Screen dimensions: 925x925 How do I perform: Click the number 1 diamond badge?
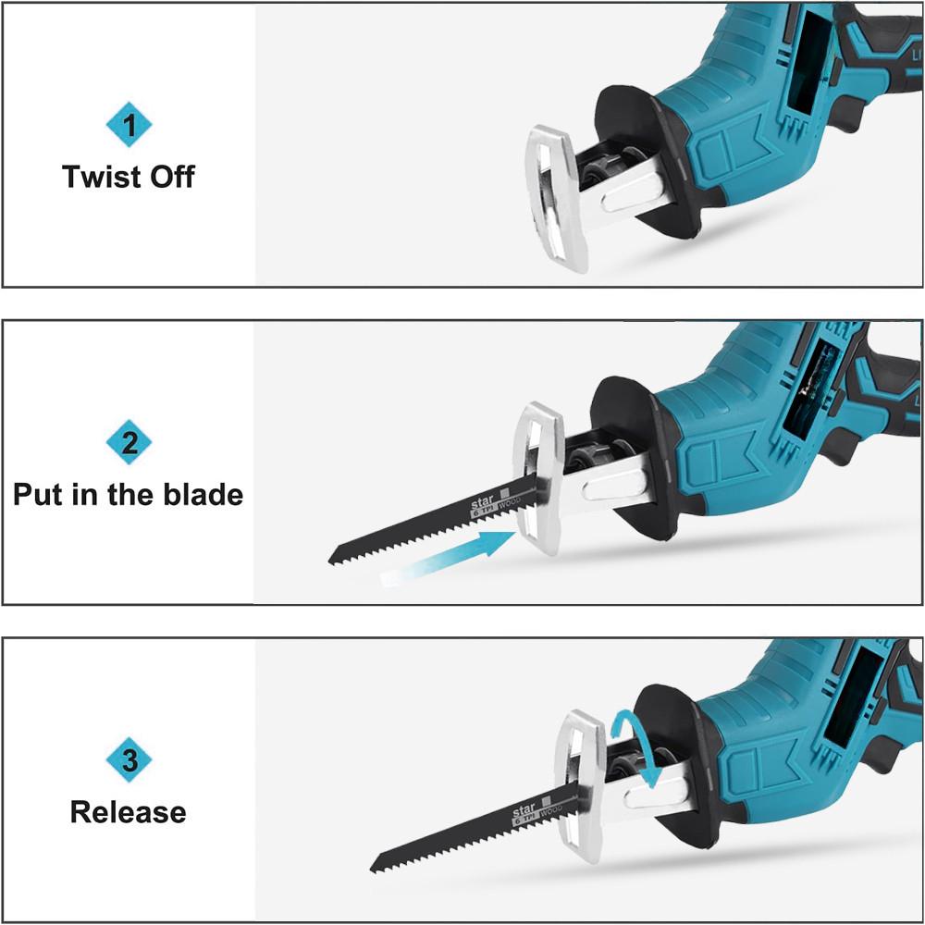pyautogui.click(x=129, y=125)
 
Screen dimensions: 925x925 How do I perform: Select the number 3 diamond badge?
pyautogui.click(x=129, y=760)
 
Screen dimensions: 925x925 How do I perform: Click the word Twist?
pyautogui.click(x=99, y=176)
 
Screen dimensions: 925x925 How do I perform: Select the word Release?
pyautogui.click(x=129, y=812)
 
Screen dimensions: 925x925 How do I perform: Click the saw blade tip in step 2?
pyautogui.click(x=335, y=558)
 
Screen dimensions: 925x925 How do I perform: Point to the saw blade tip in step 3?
pyautogui.click(x=376, y=868)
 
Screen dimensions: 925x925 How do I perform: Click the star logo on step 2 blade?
pyautogui.click(x=484, y=503)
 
